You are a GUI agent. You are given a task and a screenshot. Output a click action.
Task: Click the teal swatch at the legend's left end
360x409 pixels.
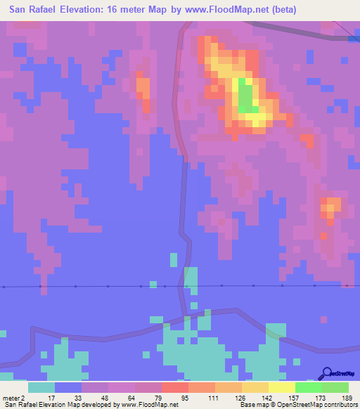[41, 387]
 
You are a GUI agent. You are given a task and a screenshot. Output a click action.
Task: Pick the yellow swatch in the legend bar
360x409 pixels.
[282, 387]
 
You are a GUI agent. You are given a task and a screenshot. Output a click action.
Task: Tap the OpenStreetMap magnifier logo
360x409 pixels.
[327, 374]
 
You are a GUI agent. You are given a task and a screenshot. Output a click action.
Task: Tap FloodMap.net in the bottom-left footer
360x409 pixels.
[154, 405]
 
